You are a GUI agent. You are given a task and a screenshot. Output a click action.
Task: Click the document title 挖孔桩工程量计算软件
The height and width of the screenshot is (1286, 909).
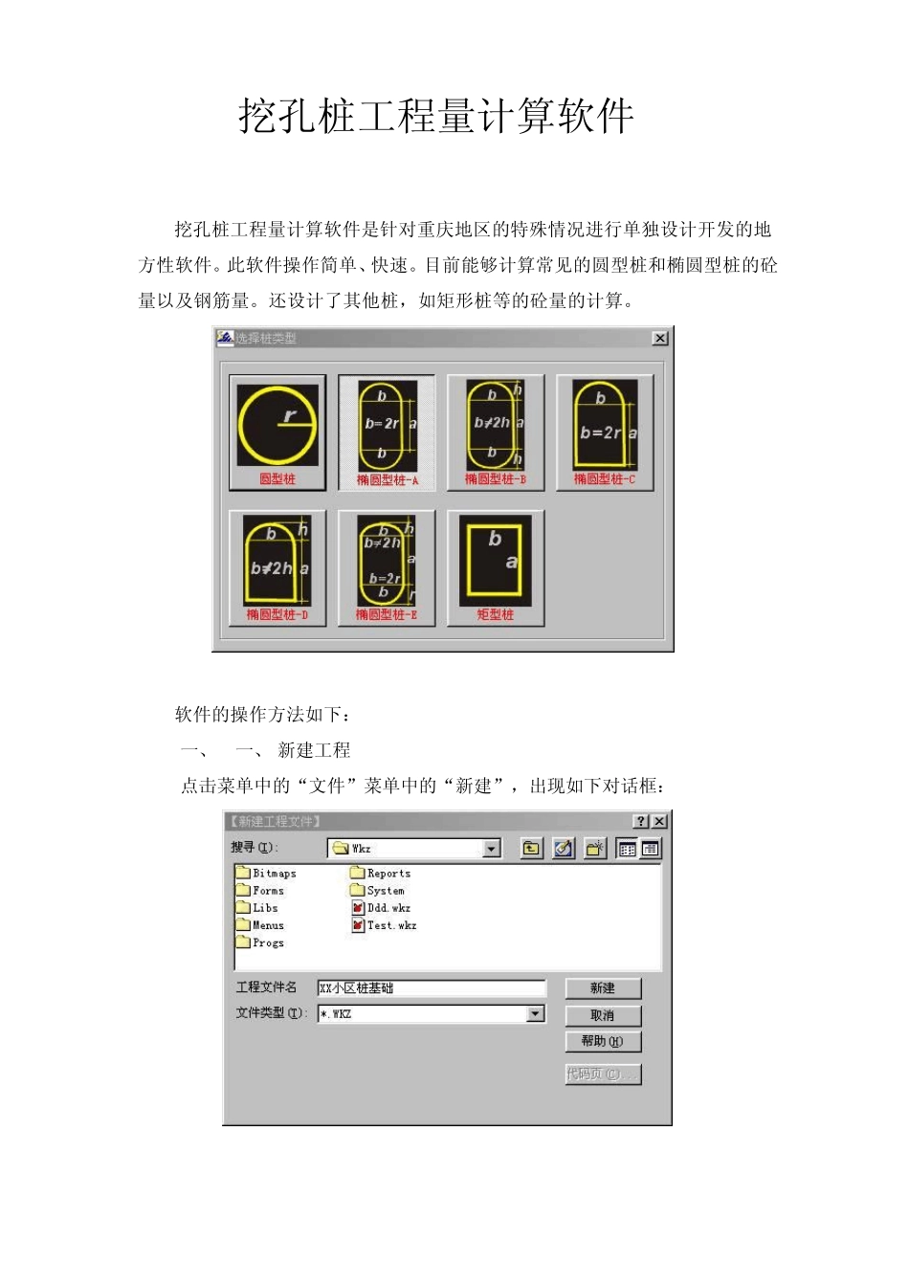point(435,117)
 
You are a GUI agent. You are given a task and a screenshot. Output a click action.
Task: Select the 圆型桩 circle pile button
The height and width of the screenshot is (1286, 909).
point(277,432)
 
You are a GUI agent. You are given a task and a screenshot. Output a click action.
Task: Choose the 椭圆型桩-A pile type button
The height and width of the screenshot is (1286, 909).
point(387,432)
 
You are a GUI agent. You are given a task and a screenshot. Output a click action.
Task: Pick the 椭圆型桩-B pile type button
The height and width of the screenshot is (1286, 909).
point(496,432)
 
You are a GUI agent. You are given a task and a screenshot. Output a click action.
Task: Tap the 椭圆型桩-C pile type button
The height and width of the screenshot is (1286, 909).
point(605,432)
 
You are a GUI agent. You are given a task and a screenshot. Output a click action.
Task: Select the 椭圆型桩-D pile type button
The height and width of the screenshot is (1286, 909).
point(277,568)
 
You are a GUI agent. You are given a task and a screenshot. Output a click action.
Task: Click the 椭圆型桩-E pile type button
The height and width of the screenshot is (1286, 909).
point(387,568)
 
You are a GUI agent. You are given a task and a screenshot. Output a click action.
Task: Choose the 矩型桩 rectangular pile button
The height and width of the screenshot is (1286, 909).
point(496,568)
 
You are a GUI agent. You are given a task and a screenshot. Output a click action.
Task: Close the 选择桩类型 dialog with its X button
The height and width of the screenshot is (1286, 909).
point(659,338)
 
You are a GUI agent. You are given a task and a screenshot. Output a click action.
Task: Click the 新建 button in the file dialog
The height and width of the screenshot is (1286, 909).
point(603,988)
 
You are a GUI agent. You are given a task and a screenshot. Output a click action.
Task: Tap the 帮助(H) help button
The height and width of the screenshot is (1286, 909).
point(603,1041)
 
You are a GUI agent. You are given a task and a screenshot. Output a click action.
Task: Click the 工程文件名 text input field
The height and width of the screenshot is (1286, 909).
point(431,988)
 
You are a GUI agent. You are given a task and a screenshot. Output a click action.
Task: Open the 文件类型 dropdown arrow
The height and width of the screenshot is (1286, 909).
point(536,1013)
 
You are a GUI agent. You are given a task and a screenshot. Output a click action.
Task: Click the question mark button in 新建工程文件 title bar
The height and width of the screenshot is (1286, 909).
point(641,821)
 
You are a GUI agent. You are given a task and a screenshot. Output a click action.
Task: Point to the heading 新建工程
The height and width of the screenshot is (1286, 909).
point(314,750)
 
